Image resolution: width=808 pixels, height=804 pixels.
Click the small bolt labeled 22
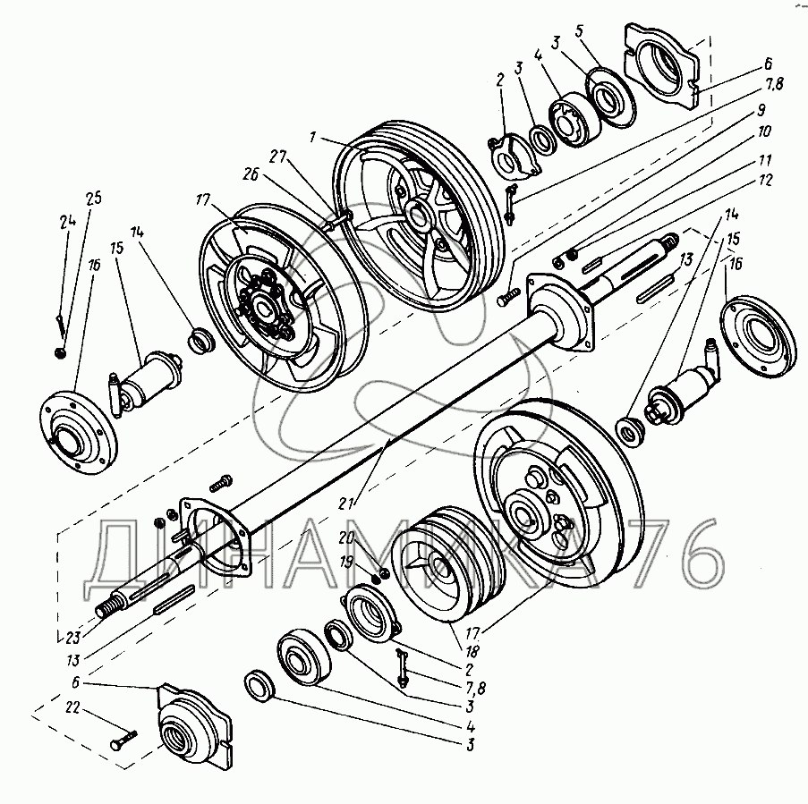pos(125,739)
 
